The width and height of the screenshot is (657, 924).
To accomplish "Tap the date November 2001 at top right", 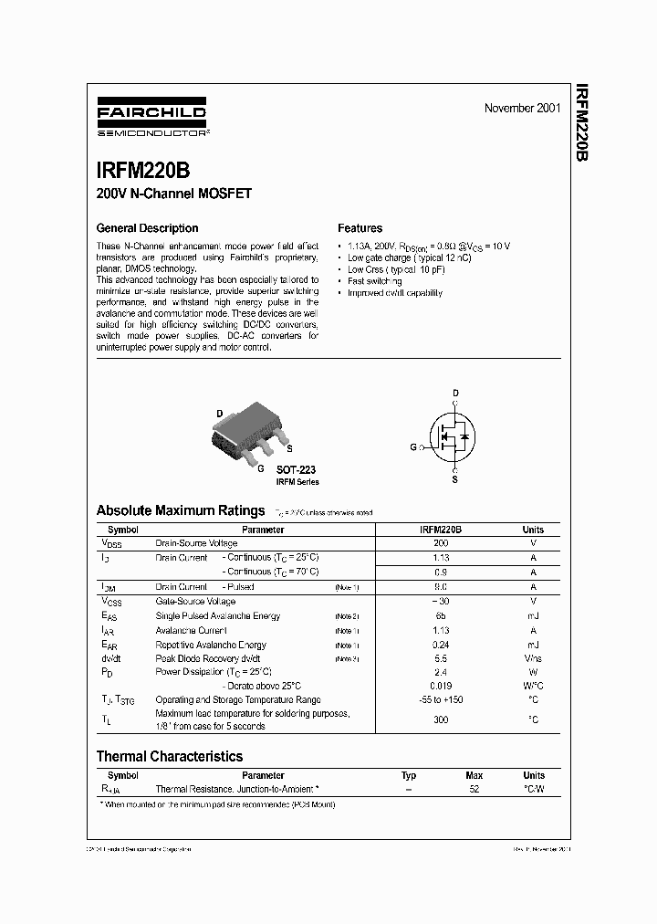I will click(x=522, y=108).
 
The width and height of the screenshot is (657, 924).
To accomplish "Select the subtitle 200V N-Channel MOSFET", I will click(x=173, y=194).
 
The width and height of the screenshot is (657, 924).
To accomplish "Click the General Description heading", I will click(x=147, y=228).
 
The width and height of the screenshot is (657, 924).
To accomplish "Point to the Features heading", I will click(x=360, y=228).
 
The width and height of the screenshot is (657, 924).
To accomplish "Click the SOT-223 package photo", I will click(x=253, y=434).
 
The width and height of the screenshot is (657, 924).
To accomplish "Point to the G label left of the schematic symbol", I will click(x=413, y=447).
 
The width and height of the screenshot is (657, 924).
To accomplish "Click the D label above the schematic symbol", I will click(x=455, y=394).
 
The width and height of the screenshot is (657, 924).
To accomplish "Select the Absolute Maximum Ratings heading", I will click(x=181, y=510).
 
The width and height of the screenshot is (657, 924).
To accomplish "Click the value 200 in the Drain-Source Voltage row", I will click(x=441, y=543).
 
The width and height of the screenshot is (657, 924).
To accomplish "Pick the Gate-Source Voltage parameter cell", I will click(x=195, y=602).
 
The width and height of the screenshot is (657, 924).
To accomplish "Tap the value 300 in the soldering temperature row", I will click(x=441, y=719).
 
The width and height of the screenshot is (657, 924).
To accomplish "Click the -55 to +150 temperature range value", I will click(x=441, y=699).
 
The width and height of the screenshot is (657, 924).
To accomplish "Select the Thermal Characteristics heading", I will click(x=170, y=756).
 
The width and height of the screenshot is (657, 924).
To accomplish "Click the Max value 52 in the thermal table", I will click(x=474, y=788).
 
